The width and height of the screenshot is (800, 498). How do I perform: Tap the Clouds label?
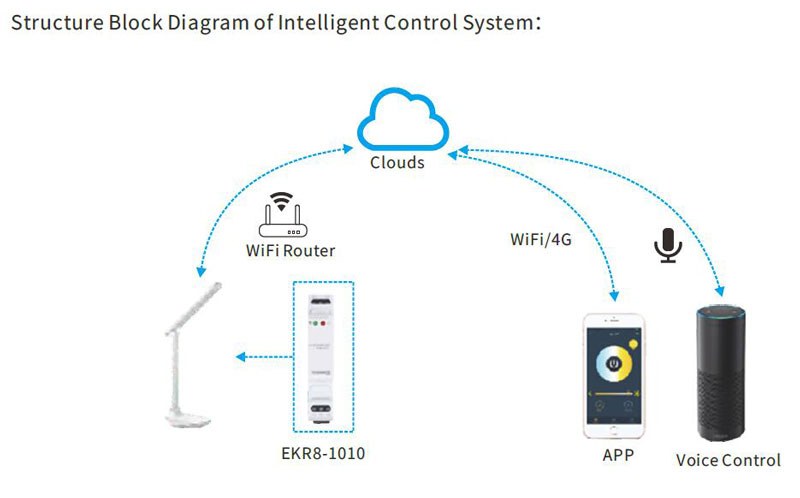tap(397, 162)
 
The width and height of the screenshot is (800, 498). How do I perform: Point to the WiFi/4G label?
tap(541, 240)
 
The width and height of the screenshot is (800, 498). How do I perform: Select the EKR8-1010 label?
tap(324, 455)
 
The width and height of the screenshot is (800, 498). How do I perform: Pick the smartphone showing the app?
tap(614, 379)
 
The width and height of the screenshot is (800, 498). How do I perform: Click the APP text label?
tap(617, 457)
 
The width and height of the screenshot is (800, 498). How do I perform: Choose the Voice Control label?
tap(728, 460)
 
